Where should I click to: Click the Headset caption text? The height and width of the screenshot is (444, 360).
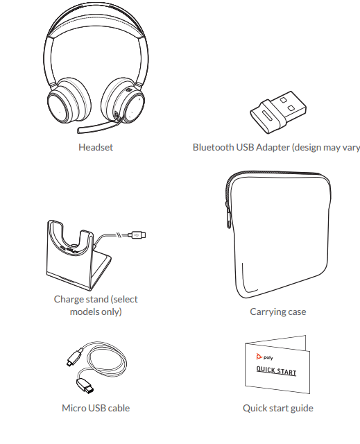(x=96, y=147)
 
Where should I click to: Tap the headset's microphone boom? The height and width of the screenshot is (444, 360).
(x=94, y=128)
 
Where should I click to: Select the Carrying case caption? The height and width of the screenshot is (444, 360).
(x=277, y=312)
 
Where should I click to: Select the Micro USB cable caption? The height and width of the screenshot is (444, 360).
(x=96, y=408)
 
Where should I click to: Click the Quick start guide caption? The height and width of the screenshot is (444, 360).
(x=277, y=408)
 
